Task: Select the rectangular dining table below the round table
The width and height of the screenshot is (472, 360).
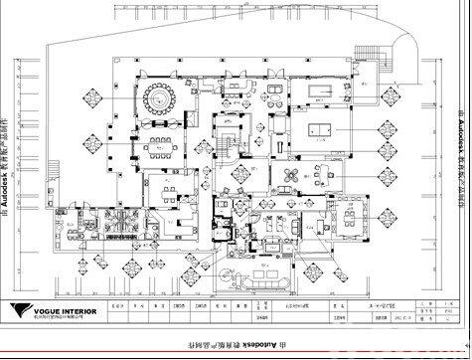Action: tap(163, 149)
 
